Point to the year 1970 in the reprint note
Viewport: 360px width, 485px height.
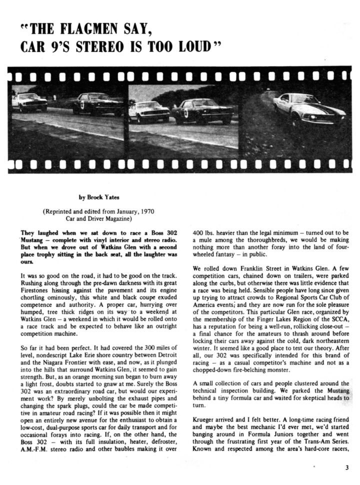[150, 211]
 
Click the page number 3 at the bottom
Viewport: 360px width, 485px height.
[346, 467]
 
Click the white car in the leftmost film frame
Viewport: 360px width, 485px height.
[29, 102]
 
